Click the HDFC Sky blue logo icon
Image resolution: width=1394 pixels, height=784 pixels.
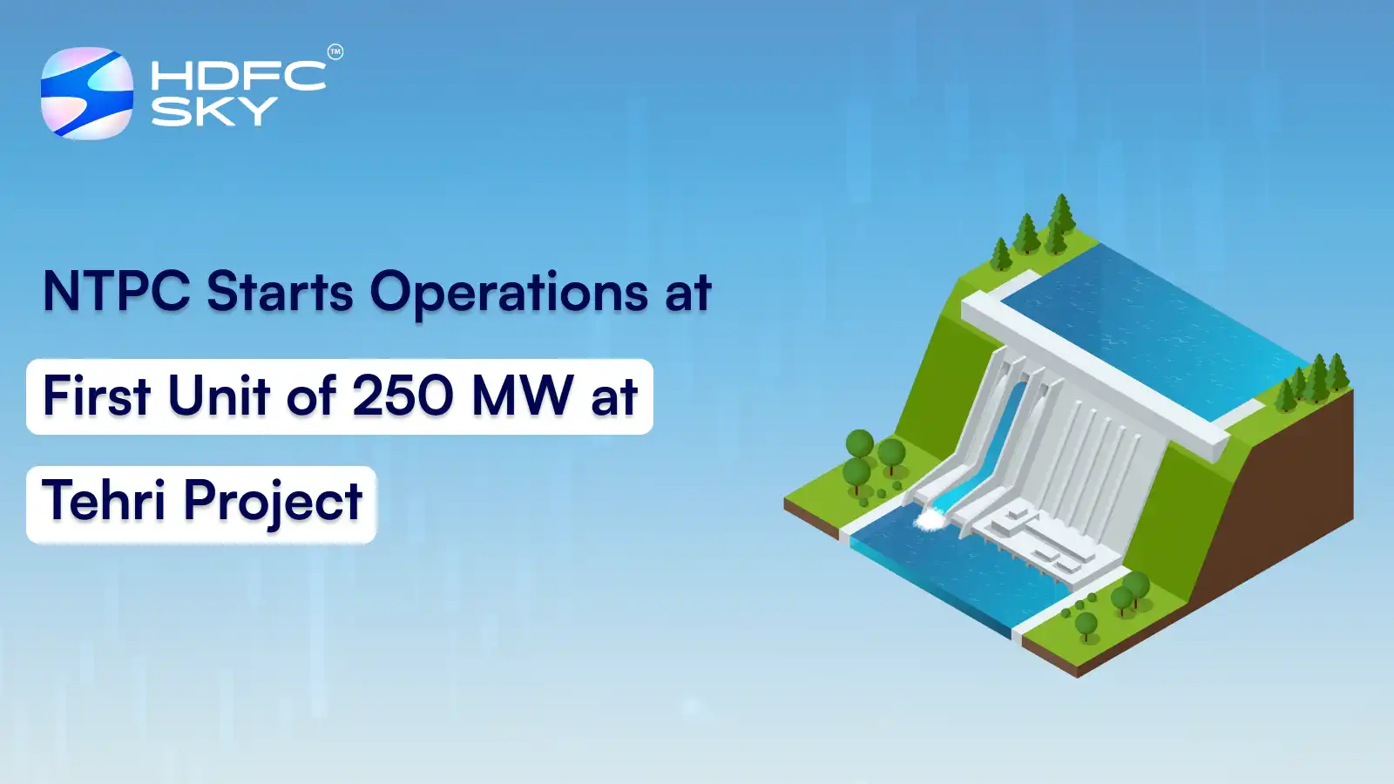click(87, 93)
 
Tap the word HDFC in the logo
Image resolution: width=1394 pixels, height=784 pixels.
click(238, 76)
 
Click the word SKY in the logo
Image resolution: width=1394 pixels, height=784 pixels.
click(213, 112)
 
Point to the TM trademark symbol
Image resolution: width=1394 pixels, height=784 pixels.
click(335, 52)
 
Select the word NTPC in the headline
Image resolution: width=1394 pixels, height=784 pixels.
click(116, 291)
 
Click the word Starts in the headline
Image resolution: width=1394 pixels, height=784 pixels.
click(280, 291)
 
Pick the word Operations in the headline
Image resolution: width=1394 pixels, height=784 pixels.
click(509, 293)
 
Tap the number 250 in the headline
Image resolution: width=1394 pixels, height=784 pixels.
click(402, 395)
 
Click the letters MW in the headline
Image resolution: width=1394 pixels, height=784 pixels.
click(522, 395)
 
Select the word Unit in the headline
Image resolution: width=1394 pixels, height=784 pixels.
click(218, 395)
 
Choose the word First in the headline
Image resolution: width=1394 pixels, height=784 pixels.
click(97, 395)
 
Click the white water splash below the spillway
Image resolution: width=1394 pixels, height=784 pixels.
click(930, 519)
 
